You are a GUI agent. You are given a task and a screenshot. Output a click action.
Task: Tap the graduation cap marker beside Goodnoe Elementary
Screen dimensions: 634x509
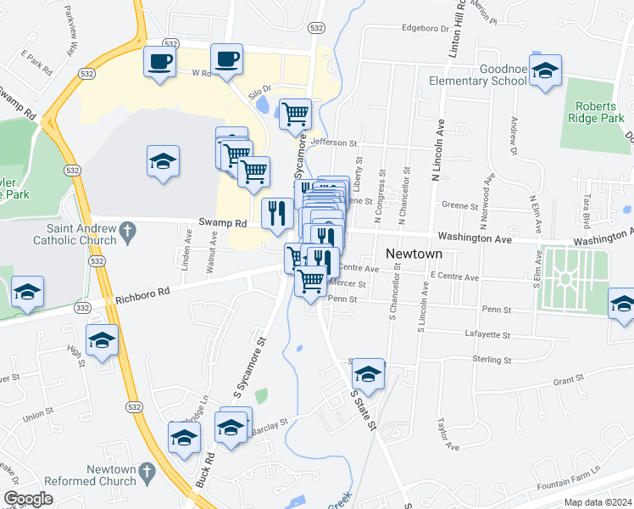click(546, 72)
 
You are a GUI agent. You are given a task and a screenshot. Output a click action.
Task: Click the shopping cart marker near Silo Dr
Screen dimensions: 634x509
click(295, 114)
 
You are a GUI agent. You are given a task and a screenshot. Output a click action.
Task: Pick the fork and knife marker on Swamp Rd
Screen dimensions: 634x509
click(276, 213)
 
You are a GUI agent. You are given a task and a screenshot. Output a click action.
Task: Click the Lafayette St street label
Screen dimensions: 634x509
click(488, 335)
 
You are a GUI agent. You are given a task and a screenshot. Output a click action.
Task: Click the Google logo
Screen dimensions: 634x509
click(28, 499)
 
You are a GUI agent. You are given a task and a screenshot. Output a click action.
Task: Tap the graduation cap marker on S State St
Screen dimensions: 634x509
click(368, 372)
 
